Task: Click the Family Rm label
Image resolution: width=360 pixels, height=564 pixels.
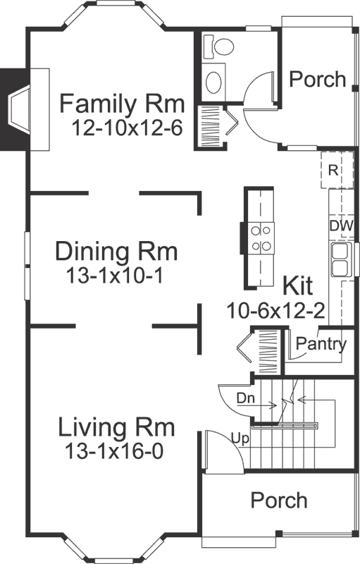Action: coord(121,104)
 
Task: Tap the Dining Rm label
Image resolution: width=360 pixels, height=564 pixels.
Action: coord(117,252)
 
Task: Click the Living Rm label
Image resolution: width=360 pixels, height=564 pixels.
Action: coord(116,428)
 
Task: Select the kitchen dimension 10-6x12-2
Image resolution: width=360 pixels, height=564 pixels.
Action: coord(275,310)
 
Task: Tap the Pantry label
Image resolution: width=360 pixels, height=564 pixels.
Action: coord(321,345)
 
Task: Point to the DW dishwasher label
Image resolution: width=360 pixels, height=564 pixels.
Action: coord(341,226)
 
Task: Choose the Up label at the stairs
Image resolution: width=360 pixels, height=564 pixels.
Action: coord(239,439)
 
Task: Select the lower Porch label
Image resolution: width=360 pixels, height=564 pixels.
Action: coord(280,501)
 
